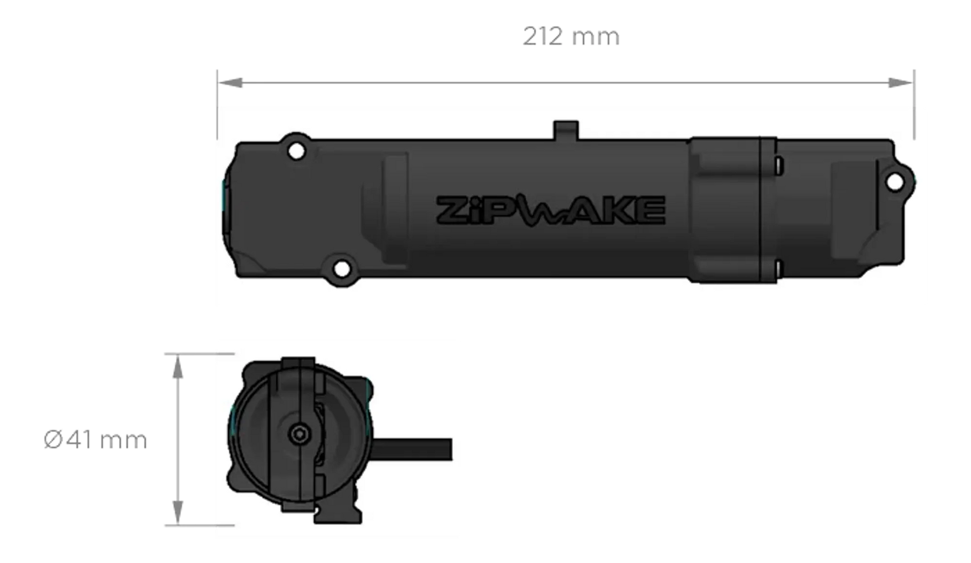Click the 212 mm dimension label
point(571,37)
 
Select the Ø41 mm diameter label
point(95,440)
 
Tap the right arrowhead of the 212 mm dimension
point(901,83)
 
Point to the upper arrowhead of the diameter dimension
point(177,367)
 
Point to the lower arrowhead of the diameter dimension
point(177,512)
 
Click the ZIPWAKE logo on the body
point(550,210)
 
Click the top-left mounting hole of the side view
point(296,150)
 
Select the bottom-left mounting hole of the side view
point(341,269)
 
